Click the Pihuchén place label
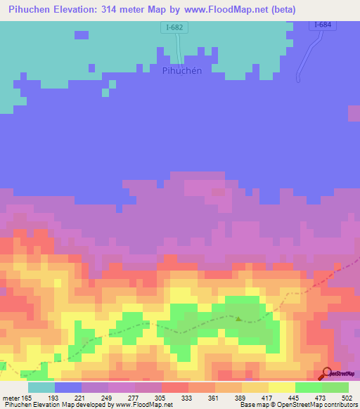[x=182, y=70]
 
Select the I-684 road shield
[x=321, y=25]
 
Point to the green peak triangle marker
[x=238, y=319]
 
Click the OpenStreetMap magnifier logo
[x=326, y=374]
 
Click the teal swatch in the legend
[x=41, y=387]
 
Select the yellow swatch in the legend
[x=282, y=387]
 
